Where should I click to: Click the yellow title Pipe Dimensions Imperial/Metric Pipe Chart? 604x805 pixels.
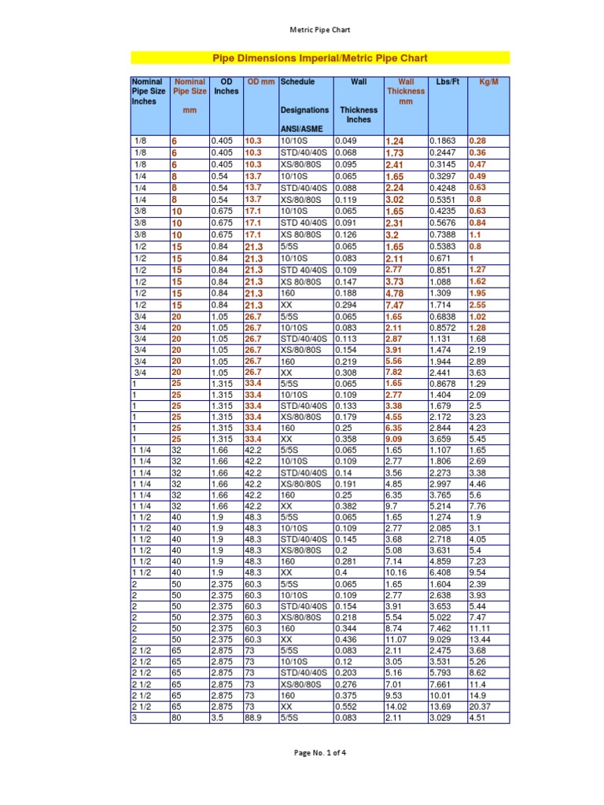point(320,58)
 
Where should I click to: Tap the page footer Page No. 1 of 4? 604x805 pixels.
point(319,752)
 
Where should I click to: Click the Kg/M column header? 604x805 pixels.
point(488,82)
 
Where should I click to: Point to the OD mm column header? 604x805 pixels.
point(261,82)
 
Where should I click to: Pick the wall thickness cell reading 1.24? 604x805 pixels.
point(394,142)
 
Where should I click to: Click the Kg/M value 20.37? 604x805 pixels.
point(479,707)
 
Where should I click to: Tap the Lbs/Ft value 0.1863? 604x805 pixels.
point(444,141)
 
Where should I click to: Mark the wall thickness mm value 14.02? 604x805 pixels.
point(396,707)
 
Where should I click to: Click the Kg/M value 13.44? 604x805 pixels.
point(479,641)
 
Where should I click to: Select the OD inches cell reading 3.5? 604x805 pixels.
point(217,717)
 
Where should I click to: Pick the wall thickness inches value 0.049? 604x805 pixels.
point(346,141)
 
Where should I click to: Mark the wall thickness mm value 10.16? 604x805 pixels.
point(396,575)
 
